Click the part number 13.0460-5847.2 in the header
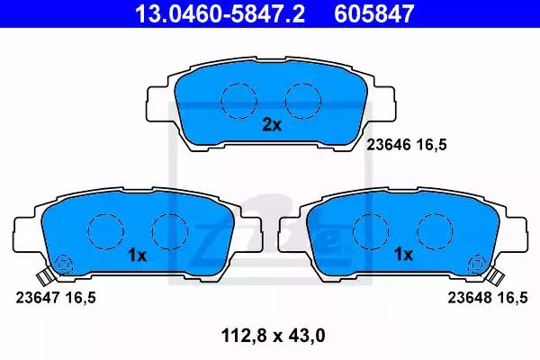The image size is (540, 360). point(220,13)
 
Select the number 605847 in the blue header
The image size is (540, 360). point(374,13)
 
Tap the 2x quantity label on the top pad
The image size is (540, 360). point(272,125)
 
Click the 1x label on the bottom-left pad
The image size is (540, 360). point(138,256)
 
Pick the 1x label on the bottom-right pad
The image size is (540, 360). point(403,255)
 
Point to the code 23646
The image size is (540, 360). point(389,145)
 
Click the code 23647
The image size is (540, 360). point(38,298)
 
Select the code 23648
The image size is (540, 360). point(470,298)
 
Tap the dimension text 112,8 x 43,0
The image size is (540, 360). point(274,336)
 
